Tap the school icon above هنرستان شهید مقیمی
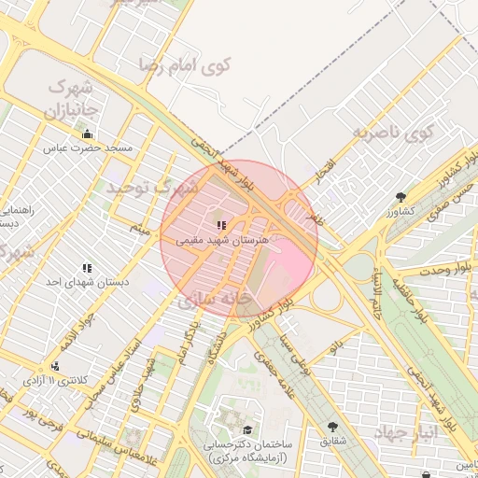pos(221,225)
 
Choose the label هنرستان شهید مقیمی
pos(221,239)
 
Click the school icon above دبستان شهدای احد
pos(87,268)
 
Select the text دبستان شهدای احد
pos(87,281)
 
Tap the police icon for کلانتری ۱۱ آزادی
pos(56,366)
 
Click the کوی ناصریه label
pos(395,132)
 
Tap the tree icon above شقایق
pos(332,427)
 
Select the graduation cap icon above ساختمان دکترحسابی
pos(247,429)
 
